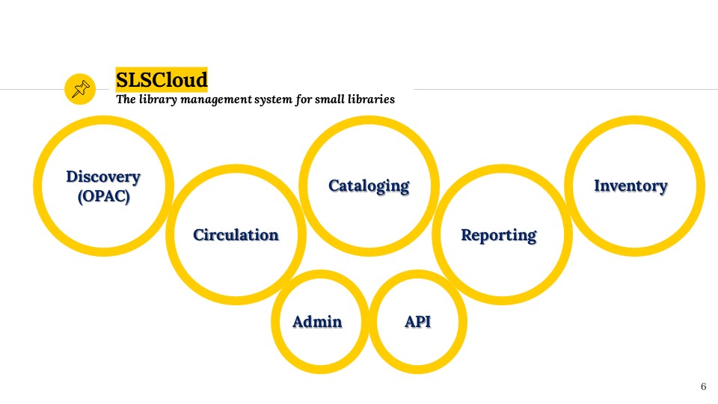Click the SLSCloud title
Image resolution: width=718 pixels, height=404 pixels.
pyautogui.click(x=162, y=80)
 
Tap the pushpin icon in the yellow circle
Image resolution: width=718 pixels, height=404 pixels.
pyautogui.click(x=81, y=89)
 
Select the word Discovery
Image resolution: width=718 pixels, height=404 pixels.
pyautogui.click(x=103, y=177)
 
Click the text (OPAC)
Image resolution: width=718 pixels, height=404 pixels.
pyautogui.click(x=103, y=197)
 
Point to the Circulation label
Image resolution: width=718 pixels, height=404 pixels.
pyautogui.click(x=236, y=234)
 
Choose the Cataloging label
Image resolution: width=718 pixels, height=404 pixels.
pyautogui.click(x=369, y=186)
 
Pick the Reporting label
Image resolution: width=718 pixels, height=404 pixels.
pyautogui.click(x=499, y=236)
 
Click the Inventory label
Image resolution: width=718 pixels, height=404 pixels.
pyautogui.click(x=630, y=186)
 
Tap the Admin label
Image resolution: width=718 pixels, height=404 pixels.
pyautogui.click(x=317, y=322)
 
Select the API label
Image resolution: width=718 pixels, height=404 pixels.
pyautogui.click(x=417, y=322)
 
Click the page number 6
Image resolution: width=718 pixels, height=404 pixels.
pyautogui.click(x=703, y=387)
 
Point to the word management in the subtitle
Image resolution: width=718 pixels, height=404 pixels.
pyautogui.click(x=216, y=100)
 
